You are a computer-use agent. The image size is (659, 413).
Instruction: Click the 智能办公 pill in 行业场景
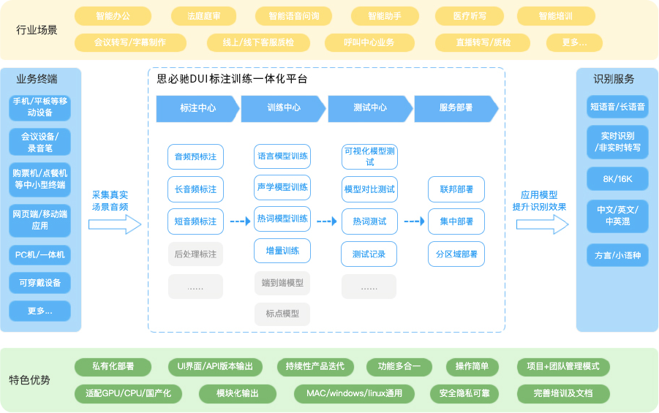(x=113, y=15)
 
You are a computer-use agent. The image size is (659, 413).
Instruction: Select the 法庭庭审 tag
(x=205, y=15)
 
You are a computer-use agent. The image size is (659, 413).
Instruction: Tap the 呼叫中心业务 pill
(x=369, y=42)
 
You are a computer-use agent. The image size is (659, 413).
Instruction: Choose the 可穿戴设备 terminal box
(x=40, y=283)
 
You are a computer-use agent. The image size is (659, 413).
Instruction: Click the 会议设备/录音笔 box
(x=40, y=142)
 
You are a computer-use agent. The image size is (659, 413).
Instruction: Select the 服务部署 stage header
(x=456, y=108)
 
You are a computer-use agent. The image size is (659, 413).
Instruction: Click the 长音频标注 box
(x=195, y=189)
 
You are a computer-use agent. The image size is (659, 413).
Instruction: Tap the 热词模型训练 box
(x=282, y=219)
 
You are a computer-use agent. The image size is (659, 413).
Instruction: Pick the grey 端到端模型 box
(x=282, y=283)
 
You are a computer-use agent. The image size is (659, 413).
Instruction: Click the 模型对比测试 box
(x=369, y=189)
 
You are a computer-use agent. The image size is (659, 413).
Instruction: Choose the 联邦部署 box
(x=456, y=189)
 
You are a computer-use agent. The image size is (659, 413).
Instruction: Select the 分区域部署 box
(x=456, y=254)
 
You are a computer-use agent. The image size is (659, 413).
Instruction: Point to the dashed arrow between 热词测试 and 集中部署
(x=413, y=221)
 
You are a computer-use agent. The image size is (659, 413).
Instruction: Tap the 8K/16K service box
(x=617, y=178)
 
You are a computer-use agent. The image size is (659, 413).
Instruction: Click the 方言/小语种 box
(x=617, y=255)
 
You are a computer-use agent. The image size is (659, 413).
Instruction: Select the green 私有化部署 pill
(x=113, y=366)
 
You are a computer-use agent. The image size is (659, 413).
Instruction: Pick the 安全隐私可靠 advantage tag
(x=464, y=393)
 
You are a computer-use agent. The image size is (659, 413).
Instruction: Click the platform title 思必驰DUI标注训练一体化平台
(x=232, y=79)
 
